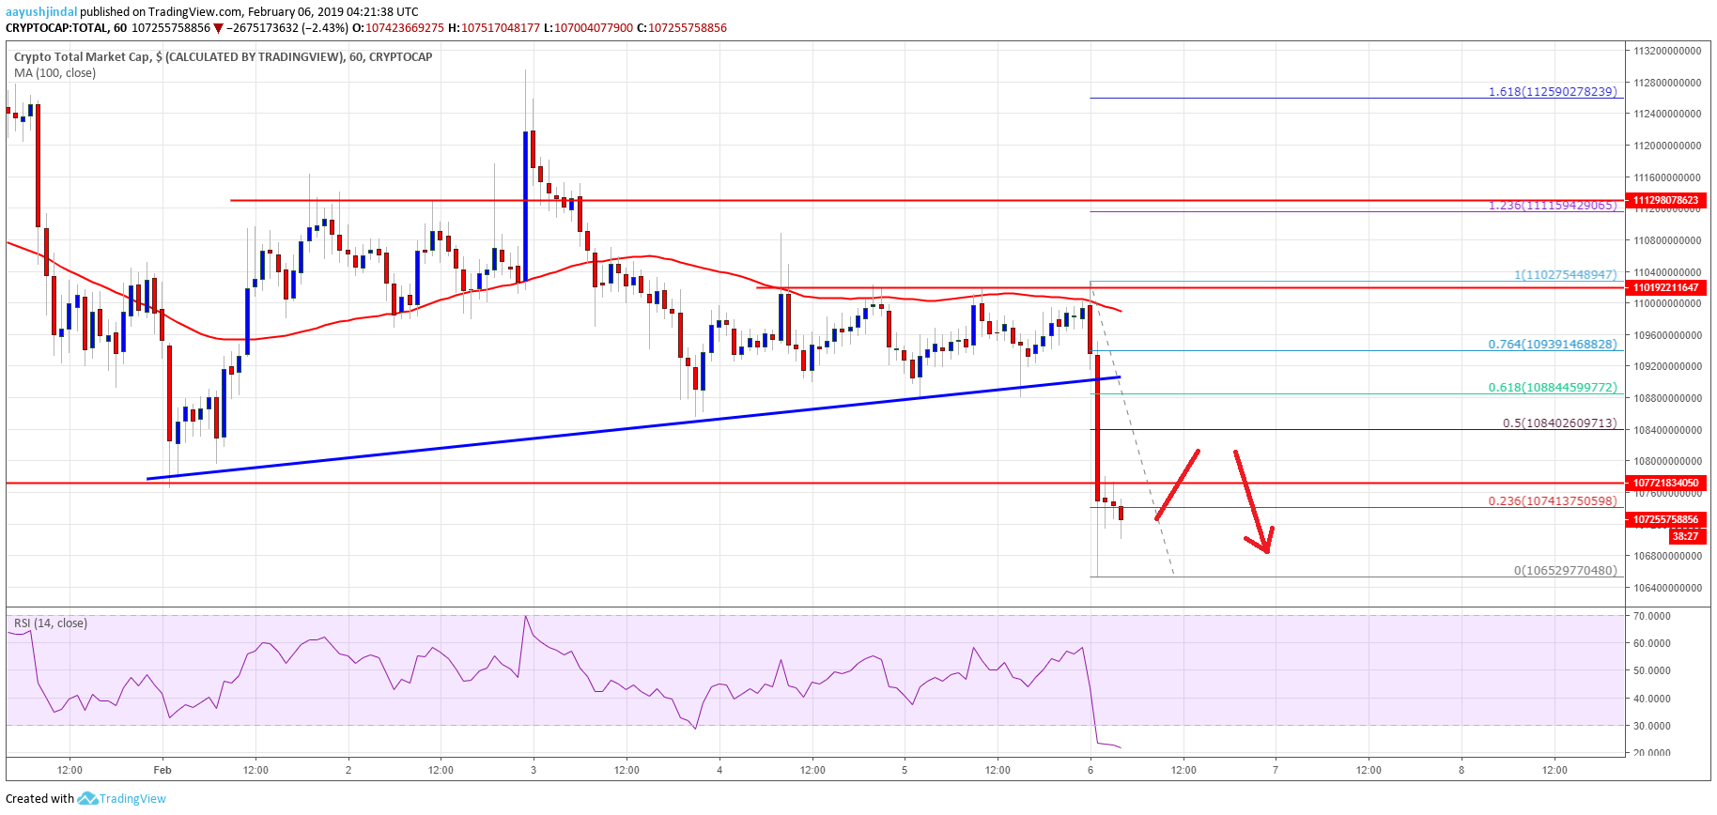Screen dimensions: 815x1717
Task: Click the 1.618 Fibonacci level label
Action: coord(1553,92)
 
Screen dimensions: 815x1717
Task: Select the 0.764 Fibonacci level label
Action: coord(1553,345)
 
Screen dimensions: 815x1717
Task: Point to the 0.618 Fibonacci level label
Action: coord(1553,387)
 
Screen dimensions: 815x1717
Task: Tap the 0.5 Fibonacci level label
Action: coord(1559,423)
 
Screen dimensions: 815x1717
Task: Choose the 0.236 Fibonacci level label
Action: coord(1553,501)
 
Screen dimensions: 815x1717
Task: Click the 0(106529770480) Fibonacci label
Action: coord(1565,571)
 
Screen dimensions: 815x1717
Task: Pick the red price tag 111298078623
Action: coord(1665,200)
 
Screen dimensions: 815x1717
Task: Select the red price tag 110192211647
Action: coord(1665,287)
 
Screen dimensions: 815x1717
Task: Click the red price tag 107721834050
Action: coord(1665,483)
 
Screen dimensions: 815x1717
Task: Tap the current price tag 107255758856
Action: coord(1665,519)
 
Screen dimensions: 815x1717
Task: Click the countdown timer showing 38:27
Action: coord(1685,536)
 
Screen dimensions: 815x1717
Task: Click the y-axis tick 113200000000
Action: coord(1666,51)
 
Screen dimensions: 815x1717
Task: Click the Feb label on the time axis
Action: coord(162,770)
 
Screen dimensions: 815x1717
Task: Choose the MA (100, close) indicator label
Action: coord(54,73)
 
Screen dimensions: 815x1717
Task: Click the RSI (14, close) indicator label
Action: coord(50,623)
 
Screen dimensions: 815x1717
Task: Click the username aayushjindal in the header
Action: coord(41,12)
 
